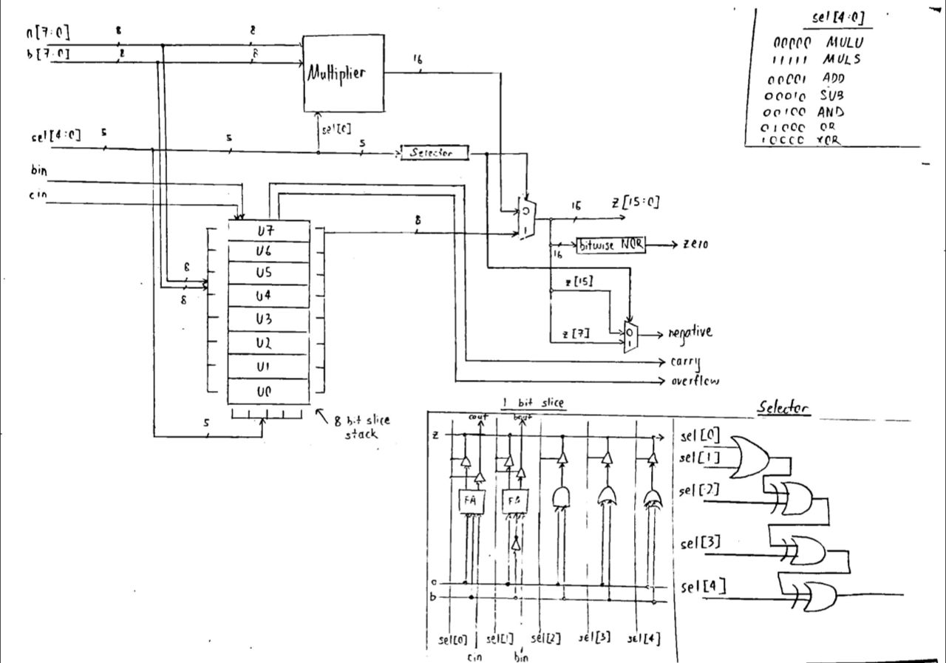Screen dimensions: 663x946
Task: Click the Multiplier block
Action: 344,74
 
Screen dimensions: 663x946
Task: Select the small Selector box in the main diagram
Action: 435,152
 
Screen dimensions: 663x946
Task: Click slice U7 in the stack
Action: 268,231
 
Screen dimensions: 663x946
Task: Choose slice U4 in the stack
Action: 268,296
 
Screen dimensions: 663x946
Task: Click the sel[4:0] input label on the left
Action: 55,136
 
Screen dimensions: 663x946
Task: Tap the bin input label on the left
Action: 40,171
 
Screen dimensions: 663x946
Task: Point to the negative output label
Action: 690,333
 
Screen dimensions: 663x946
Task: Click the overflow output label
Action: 694,381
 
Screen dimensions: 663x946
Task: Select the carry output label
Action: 685,362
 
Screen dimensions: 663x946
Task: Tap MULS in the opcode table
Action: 842,60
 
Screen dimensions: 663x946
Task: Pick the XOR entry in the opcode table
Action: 831,141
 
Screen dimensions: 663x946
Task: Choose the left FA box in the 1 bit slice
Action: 470,500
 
